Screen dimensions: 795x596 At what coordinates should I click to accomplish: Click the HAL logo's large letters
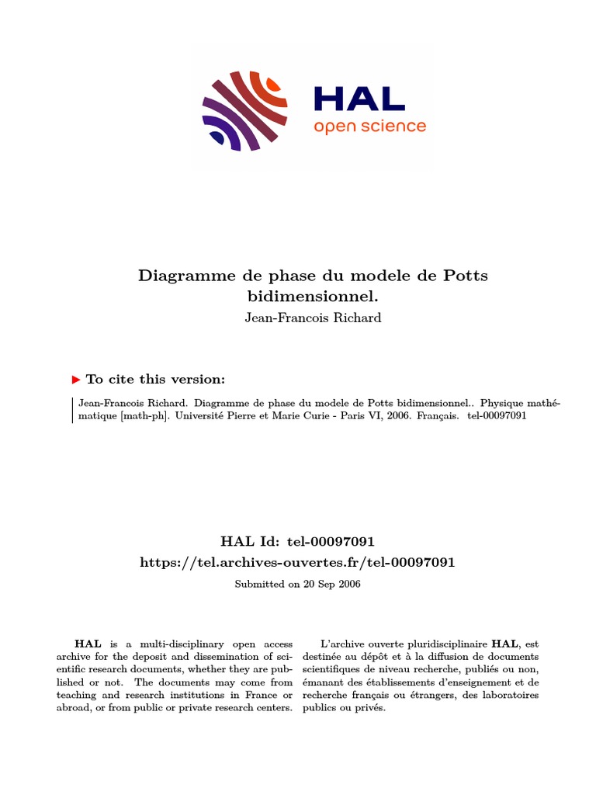click(359, 98)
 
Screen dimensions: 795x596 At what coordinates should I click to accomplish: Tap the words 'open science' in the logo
click(369, 126)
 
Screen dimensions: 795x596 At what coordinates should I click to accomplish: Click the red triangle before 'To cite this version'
click(76, 380)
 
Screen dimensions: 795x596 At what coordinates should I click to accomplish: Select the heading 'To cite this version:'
click(155, 380)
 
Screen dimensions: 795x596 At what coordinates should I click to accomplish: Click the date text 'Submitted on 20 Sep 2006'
click(297, 584)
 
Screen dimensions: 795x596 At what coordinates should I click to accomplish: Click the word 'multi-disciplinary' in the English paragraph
click(158, 644)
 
